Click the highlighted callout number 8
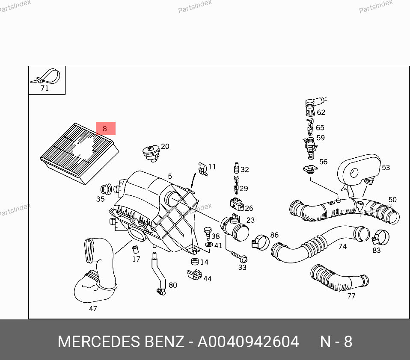[x=105, y=128]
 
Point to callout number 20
[x=165, y=147]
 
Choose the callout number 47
[x=92, y=309]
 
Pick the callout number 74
[x=342, y=246]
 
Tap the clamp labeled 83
[x=380, y=237]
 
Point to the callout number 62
[x=321, y=112]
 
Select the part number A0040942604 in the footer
[x=248, y=342]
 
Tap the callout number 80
[x=172, y=285]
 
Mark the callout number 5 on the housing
[x=170, y=176]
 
